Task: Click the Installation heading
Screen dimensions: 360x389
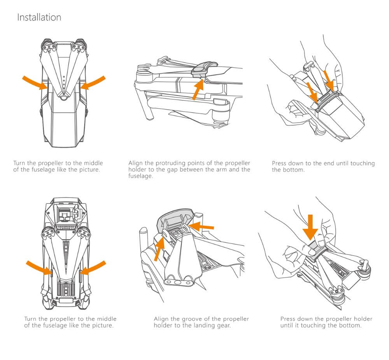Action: (39, 18)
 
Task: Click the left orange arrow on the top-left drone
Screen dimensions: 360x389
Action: (35, 82)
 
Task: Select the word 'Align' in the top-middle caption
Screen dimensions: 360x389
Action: (136, 163)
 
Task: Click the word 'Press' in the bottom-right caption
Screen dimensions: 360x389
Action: (289, 319)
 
